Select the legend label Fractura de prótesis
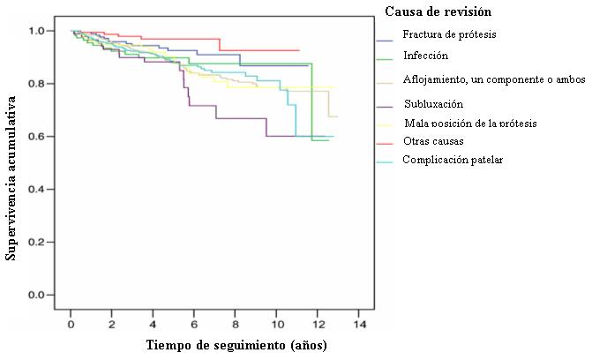click(x=450, y=35)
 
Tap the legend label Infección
click(x=426, y=56)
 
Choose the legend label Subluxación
click(x=432, y=104)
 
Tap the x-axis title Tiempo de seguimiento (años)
click(x=236, y=345)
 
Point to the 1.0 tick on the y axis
click(x=37, y=31)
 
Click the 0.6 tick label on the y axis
click(x=37, y=136)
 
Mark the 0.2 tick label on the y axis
click(x=37, y=242)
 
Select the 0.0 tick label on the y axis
click(x=37, y=295)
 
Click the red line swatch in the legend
click(x=384, y=141)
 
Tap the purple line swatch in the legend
click(x=384, y=105)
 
